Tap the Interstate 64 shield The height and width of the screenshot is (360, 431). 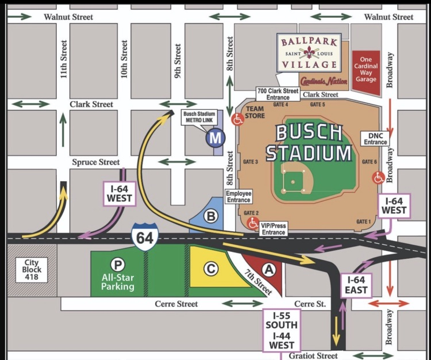tap(144, 237)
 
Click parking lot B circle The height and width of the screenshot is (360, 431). tap(211, 217)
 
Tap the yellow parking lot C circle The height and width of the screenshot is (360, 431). tap(211, 269)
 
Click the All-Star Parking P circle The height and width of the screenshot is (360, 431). tap(118, 265)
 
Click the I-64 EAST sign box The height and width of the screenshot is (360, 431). tap(356, 285)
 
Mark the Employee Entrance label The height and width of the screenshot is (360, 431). tap(238, 197)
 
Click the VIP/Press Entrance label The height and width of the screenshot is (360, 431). tap(272, 229)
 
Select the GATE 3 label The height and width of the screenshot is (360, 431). tap(251, 162)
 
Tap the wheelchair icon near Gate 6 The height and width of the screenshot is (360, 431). tap(379, 178)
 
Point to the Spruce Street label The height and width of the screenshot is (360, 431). tap(95, 162)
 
